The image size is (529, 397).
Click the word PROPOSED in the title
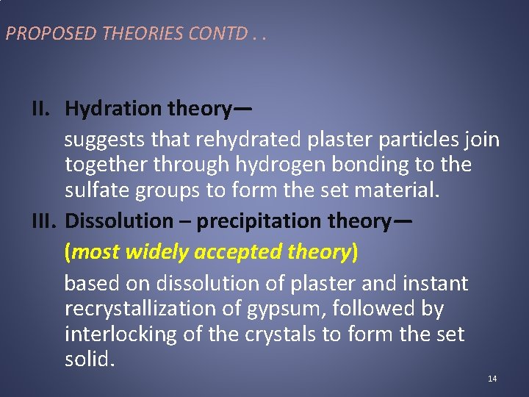pyautogui.click(x=39, y=33)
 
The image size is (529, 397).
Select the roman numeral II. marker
pyautogui.click(x=46, y=109)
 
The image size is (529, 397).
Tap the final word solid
pyautogui.click(x=90, y=360)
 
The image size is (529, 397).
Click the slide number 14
pyautogui.click(x=492, y=379)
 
